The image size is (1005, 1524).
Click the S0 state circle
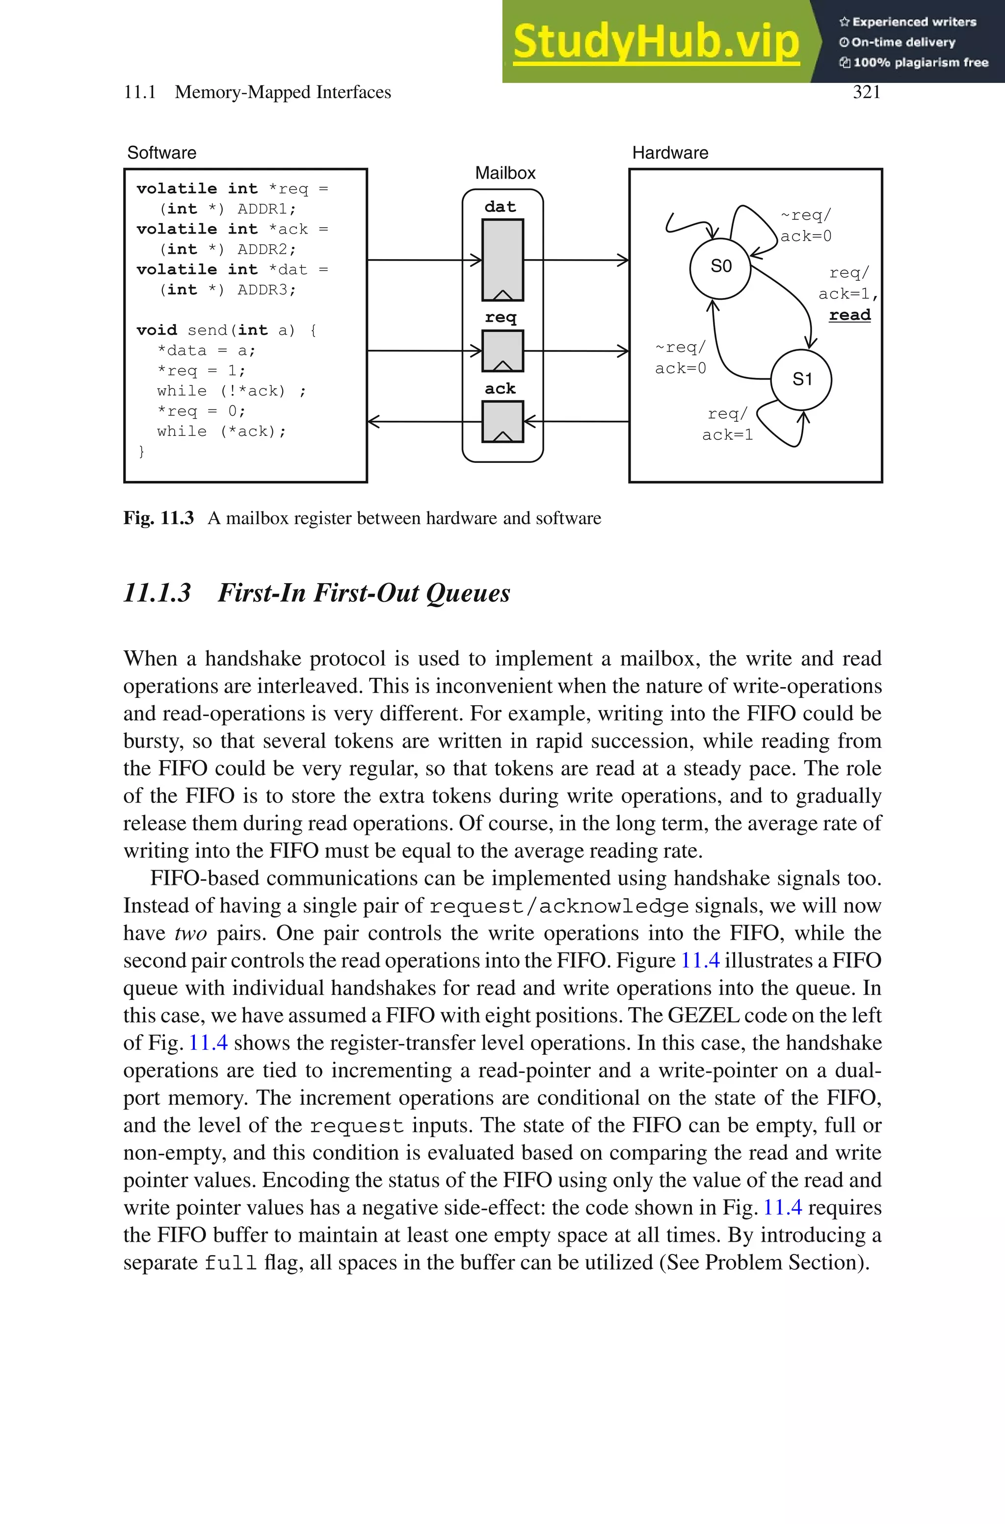720,268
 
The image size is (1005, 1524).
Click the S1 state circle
801,379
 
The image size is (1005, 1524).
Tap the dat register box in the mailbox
502,260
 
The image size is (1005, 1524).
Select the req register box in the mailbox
502,350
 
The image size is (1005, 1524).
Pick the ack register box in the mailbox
502,421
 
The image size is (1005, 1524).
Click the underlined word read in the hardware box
849,315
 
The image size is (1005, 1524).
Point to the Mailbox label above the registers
505,173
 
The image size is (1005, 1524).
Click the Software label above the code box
161,153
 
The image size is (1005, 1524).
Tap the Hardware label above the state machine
670,153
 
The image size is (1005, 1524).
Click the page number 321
867,92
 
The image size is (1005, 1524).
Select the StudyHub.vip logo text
656,42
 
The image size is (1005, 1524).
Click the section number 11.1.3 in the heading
157,593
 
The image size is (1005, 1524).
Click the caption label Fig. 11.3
159,518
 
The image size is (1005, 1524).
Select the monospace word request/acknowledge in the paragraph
559,906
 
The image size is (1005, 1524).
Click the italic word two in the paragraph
190,933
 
